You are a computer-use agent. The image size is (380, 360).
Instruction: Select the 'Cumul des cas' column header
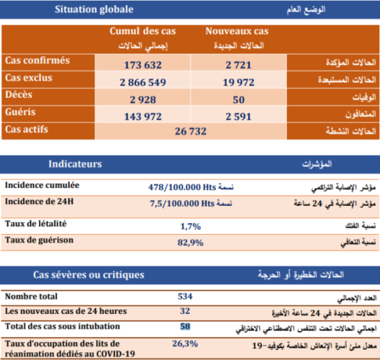coord(142,32)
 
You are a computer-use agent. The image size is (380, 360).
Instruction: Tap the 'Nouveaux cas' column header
coord(237,32)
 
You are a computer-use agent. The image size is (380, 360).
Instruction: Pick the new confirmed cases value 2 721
coord(237,66)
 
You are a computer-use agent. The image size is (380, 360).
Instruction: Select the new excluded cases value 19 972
coord(237,82)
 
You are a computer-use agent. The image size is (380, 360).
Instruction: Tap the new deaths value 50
coord(237,99)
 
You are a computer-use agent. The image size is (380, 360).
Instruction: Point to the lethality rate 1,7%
coord(190,226)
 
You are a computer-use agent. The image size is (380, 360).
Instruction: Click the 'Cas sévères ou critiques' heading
coord(89,275)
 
